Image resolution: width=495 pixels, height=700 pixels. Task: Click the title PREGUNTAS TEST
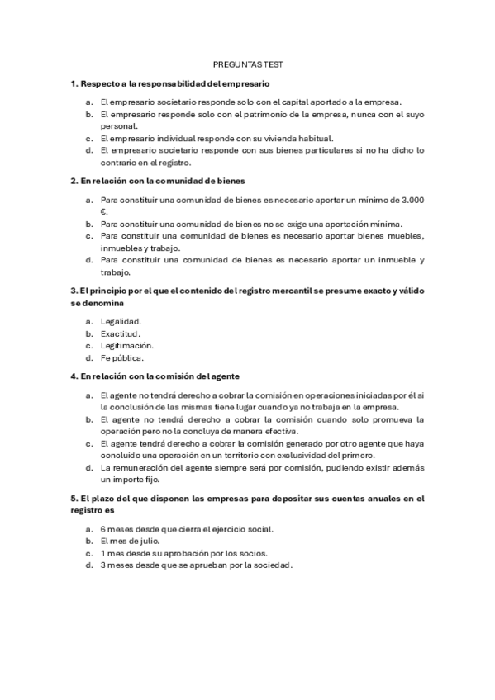click(x=248, y=64)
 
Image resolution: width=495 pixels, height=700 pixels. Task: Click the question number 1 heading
click(x=170, y=83)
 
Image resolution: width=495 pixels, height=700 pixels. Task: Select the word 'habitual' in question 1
click(x=315, y=139)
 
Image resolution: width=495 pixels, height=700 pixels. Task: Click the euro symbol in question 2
click(x=103, y=211)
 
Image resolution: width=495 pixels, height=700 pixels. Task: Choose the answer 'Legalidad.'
click(x=121, y=321)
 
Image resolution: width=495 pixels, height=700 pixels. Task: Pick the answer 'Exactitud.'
click(x=121, y=333)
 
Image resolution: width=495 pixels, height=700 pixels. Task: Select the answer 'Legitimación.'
click(x=126, y=346)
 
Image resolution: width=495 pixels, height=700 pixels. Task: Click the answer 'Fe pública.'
click(x=121, y=358)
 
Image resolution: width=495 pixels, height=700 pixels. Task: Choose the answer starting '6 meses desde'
click(x=186, y=528)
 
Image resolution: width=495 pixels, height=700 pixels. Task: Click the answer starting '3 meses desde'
click(x=196, y=565)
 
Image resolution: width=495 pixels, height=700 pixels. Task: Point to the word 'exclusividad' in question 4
click(x=311, y=456)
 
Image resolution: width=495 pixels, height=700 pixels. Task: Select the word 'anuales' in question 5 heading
click(x=370, y=499)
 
